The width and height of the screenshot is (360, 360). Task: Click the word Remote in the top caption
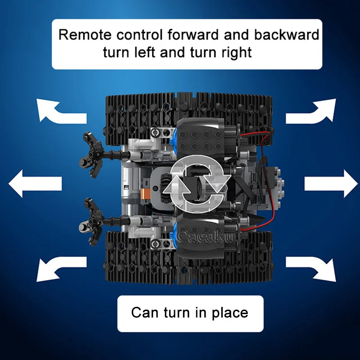(85, 35)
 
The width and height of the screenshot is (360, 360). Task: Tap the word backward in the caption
(286, 35)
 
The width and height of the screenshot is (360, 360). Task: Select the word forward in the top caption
(193, 35)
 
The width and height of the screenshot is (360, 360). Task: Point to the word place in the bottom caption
(230, 313)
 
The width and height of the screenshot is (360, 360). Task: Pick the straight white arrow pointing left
(35, 184)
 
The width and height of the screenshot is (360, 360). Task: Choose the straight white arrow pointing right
(331, 184)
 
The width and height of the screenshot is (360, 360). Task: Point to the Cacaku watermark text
(205, 237)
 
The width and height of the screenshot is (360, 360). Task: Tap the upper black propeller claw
(91, 154)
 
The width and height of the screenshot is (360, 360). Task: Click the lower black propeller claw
(91, 221)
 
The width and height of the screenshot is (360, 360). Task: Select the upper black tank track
(189, 118)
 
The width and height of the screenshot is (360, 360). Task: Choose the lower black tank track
(189, 257)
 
